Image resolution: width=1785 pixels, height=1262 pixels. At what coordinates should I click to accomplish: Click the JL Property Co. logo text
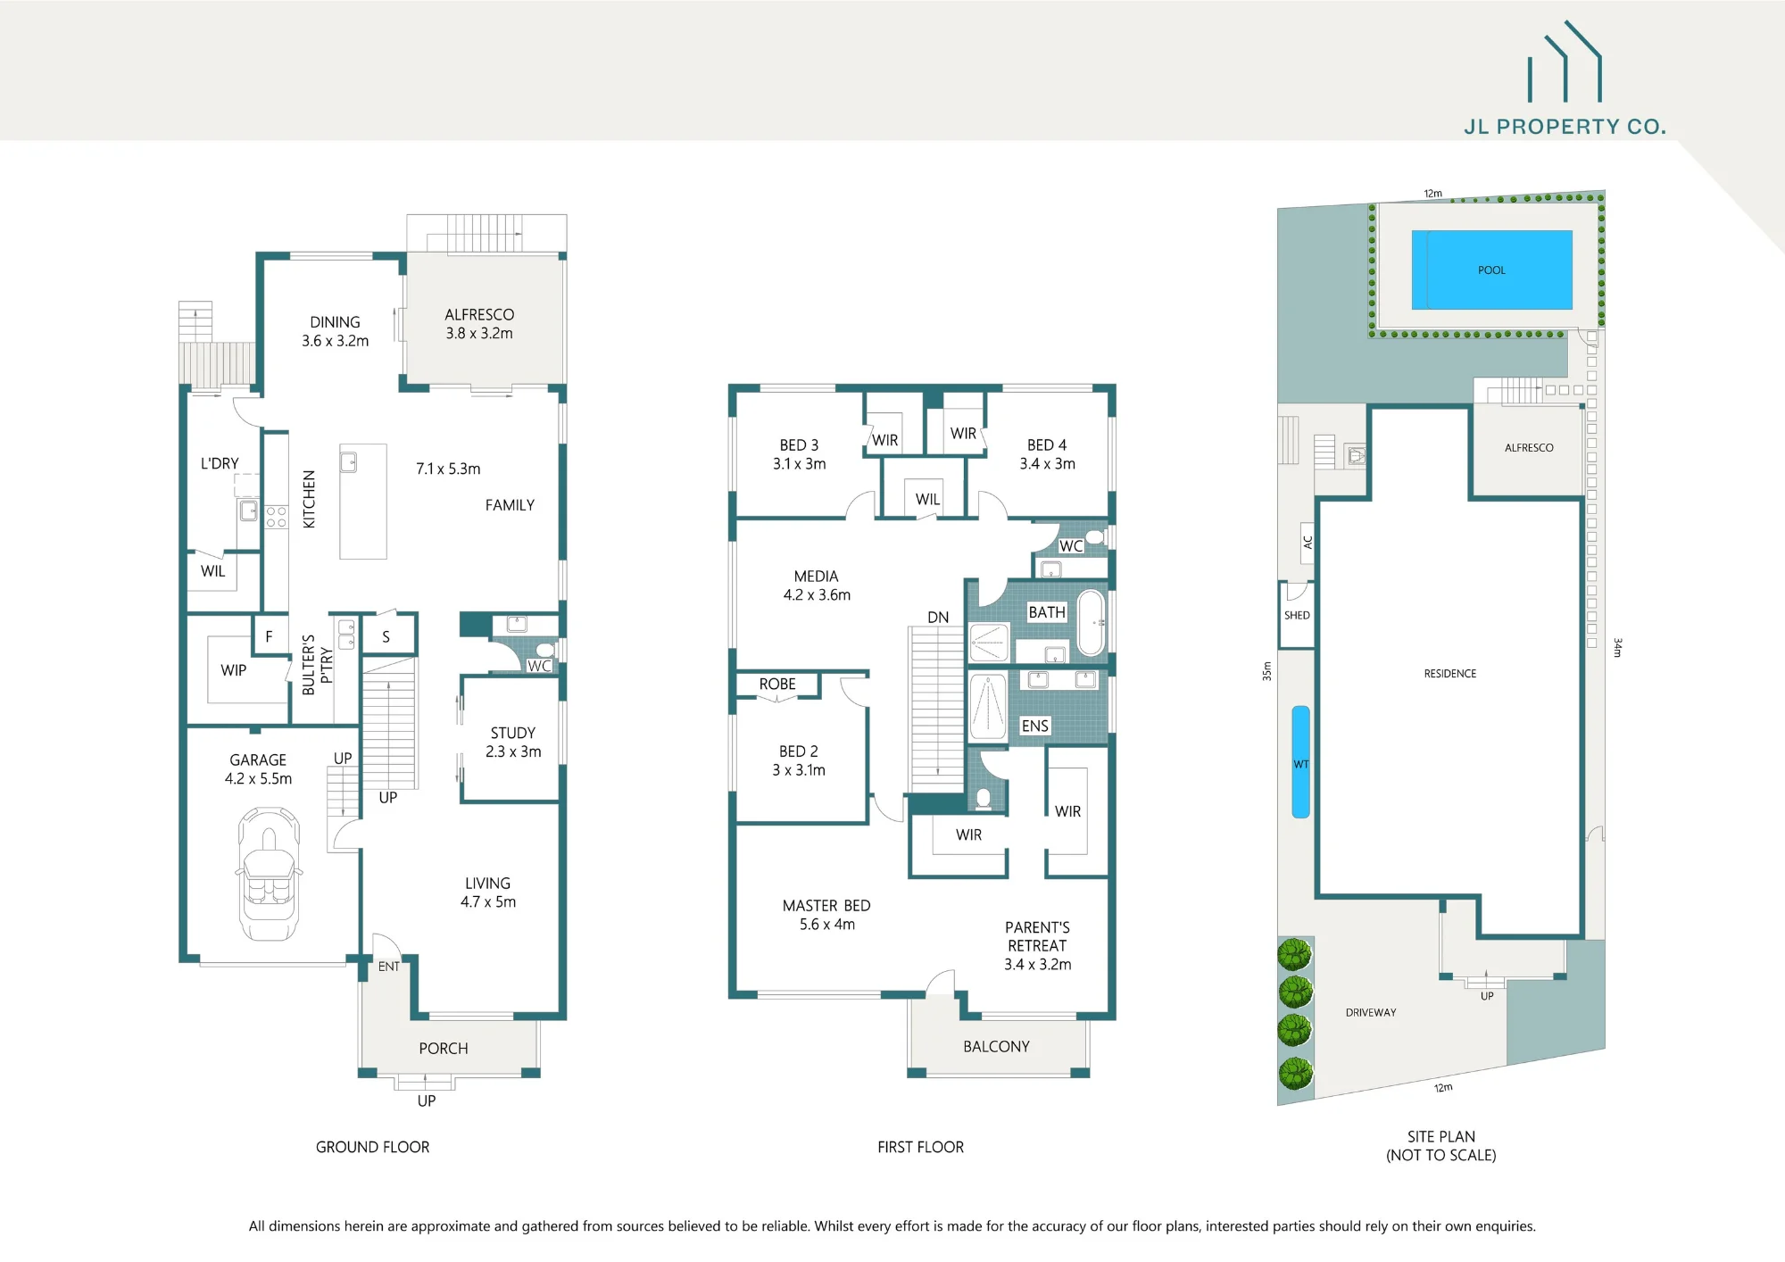(1565, 127)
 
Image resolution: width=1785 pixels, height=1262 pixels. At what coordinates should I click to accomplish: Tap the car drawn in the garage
(268, 874)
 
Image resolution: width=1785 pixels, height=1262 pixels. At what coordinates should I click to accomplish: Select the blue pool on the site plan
(1491, 270)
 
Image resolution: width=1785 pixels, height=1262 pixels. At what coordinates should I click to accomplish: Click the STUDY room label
(513, 733)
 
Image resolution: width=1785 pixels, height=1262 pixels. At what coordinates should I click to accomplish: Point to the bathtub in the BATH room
(1091, 622)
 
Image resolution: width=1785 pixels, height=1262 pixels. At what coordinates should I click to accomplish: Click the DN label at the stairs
(938, 617)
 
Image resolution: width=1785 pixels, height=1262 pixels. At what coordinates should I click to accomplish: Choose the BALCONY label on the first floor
(996, 1046)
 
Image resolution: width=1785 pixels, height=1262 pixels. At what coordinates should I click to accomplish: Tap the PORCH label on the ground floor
(444, 1048)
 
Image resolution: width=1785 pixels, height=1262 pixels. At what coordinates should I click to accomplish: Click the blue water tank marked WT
(1301, 761)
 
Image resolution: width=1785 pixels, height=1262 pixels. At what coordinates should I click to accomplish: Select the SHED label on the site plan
(1297, 615)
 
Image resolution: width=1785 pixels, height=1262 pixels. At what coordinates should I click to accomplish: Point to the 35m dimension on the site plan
(1266, 671)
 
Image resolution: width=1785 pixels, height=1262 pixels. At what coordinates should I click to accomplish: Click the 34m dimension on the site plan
(1617, 647)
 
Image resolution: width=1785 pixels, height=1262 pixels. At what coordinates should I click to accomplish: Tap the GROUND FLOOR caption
(372, 1147)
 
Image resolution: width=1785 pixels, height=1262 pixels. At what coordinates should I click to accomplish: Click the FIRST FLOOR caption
(920, 1147)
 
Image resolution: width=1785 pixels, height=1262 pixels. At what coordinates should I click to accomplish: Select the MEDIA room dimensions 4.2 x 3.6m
(817, 594)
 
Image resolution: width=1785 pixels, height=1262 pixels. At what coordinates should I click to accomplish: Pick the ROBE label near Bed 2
(777, 684)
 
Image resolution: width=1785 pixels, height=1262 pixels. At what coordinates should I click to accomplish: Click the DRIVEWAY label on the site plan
(1371, 1012)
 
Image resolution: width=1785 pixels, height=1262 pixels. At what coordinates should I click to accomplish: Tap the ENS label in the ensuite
(1034, 726)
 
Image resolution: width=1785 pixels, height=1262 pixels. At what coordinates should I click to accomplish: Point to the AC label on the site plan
(1308, 542)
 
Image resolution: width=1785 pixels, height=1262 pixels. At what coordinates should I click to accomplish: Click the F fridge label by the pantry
(269, 636)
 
